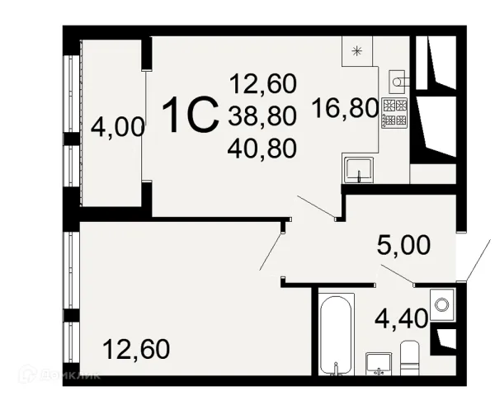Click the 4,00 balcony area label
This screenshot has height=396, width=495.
pyautogui.click(x=118, y=127)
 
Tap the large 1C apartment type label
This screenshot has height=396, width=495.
pyautogui.click(x=191, y=115)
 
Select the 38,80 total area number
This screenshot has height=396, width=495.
pyautogui.click(x=262, y=115)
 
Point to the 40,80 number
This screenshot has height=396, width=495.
pyautogui.click(x=262, y=148)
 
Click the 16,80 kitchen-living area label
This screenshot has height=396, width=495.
pyautogui.click(x=346, y=108)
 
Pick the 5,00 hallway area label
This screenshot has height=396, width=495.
pyautogui.click(x=403, y=245)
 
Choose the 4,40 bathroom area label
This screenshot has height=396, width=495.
pyautogui.click(x=401, y=318)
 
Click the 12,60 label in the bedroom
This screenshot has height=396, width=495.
pyautogui.click(x=136, y=349)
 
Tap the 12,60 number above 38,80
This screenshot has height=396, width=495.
pyautogui.click(x=263, y=83)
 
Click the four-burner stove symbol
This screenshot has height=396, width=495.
pyautogui.click(x=394, y=113)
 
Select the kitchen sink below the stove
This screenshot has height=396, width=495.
pyautogui.click(x=359, y=170)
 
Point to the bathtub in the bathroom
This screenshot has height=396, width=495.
pyautogui.click(x=336, y=335)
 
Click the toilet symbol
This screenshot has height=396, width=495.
pyautogui.click(x=410, y=358)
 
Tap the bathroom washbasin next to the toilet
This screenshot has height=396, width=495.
pyautogui.click(x=379, y=364)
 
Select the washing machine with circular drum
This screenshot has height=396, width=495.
pyautogui.click(x=442, y=304)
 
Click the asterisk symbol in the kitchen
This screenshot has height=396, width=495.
pyautogui.click(x=356, y=51)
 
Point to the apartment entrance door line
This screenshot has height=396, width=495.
pyautogui.click(x=478, y=260)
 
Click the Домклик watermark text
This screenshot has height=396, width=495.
pyautogui.click(x=70, y=375)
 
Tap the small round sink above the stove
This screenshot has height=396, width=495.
pyautogui.click(x=397, y=82)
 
